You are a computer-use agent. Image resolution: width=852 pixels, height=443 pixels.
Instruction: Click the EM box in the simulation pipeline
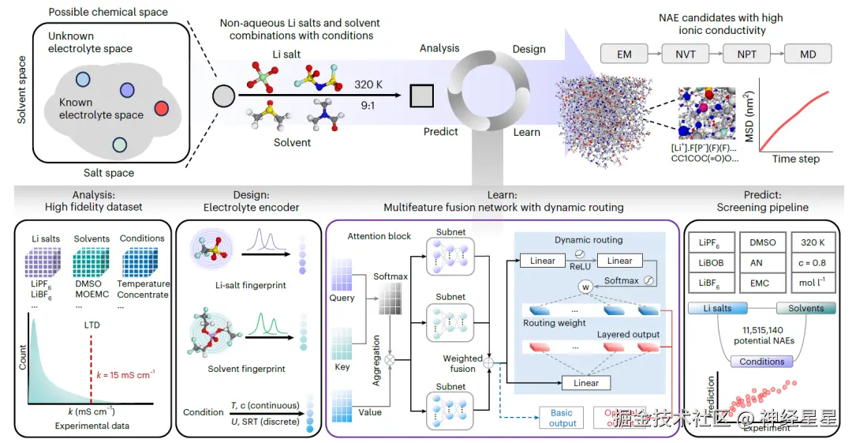pos(624,54)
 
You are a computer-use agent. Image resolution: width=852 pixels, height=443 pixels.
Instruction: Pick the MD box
pos(808,54)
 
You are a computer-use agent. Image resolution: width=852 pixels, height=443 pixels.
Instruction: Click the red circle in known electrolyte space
pos(160,108)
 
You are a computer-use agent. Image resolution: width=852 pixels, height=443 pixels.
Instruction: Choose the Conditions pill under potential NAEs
pos(762,362)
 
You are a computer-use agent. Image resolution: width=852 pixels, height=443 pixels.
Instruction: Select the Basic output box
pos(562,418)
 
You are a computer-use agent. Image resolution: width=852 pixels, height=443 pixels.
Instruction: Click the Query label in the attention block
pos(342,298)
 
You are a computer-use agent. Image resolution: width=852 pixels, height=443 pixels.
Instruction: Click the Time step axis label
pos(795,159)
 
